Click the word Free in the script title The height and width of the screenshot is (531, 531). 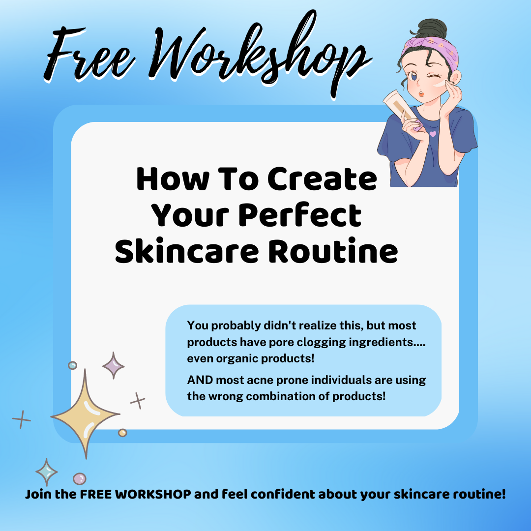coord(90,54)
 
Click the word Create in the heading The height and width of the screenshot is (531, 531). coord(322,179)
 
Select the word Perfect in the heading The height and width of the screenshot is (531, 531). coord(300,215)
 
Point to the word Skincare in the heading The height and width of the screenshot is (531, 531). coord(187,251)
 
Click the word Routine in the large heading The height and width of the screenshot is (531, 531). coord(333,251)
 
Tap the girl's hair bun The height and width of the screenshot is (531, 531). coord(430,29)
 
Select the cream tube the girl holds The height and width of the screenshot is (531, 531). coord(400,107)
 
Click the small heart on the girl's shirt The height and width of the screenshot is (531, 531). coord(433,134)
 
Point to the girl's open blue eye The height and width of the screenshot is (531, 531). coord(414,77)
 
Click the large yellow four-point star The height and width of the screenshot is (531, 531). coord(86,414)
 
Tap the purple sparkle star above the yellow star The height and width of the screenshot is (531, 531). coord(114,365)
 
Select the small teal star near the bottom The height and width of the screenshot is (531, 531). coord(46,472)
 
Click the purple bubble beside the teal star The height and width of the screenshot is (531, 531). coord(80,479)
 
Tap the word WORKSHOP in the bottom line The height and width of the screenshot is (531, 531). coord(153,494)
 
